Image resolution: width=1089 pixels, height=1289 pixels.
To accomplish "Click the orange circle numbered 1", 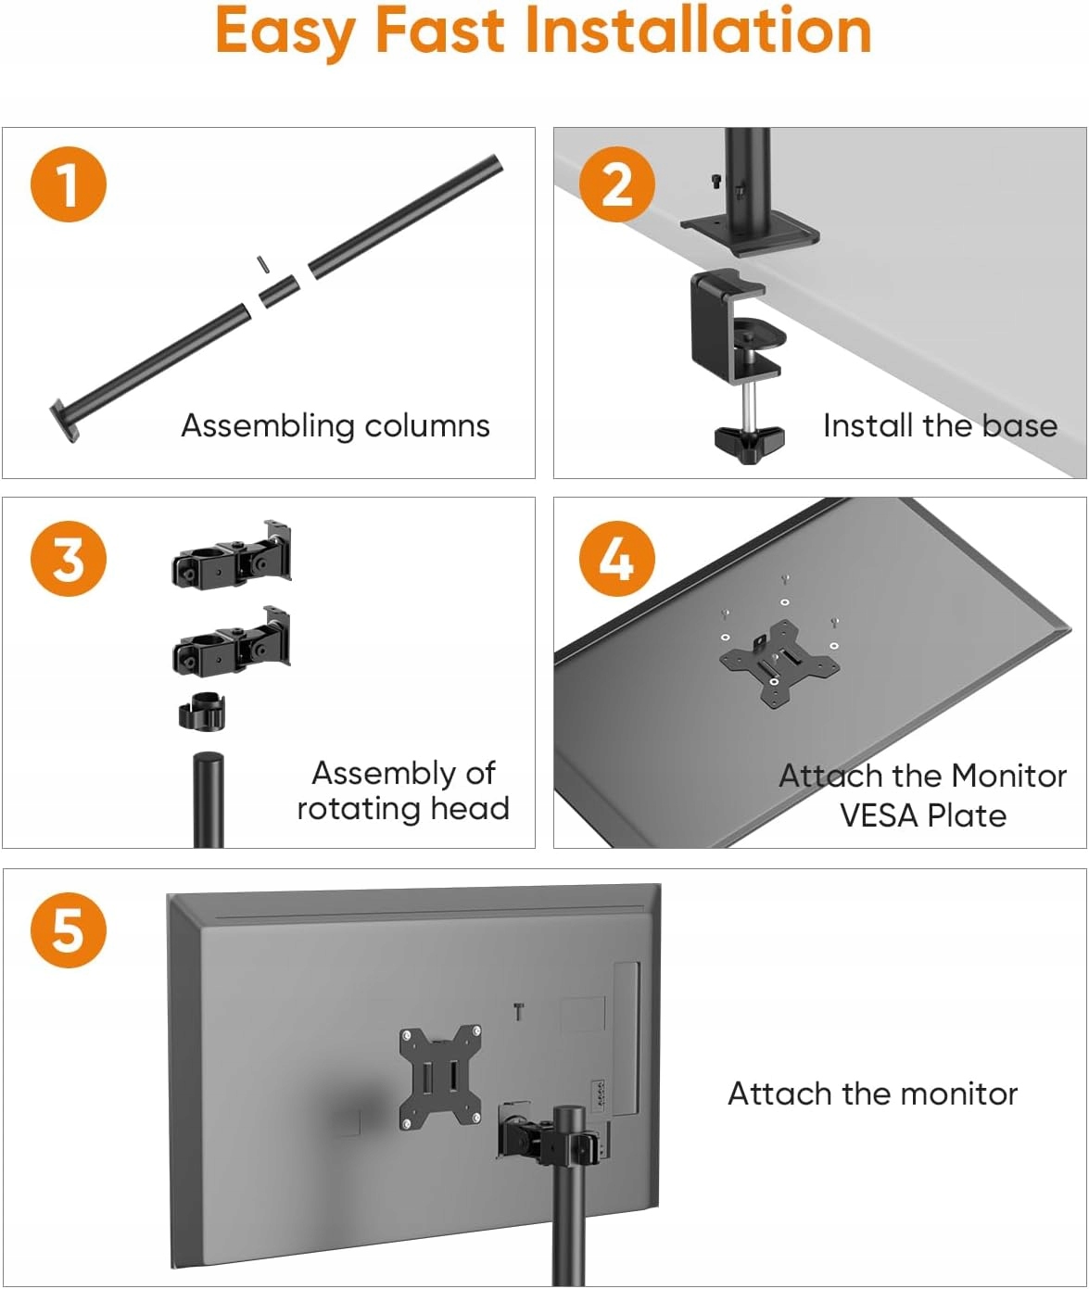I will click(x=69, y=183).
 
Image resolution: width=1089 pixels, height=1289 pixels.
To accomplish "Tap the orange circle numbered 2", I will click(x=617, y=183).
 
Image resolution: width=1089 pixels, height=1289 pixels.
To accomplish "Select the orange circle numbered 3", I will click(x=69, y=559).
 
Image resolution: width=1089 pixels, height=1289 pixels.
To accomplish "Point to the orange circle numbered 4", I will click(x=617, y=559).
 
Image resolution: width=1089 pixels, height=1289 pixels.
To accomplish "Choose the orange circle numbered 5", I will click(x=69, y=929).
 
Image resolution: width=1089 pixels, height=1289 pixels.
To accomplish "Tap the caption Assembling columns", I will click(x=335, y=425).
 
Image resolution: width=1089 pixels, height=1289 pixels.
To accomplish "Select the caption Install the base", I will click(x=940, y=425).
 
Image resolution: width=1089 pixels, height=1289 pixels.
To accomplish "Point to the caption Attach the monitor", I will click(x=872, y=1093).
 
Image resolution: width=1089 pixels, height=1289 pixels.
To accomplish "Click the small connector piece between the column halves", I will click(x=279, y=291).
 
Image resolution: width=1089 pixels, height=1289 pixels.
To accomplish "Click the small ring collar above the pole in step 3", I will click(x=202, y=711).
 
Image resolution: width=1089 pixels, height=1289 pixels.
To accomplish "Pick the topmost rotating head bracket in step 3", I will click(x=232, y=557).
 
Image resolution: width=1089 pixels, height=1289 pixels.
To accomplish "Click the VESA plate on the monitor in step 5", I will click(x=440, y=1077).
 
